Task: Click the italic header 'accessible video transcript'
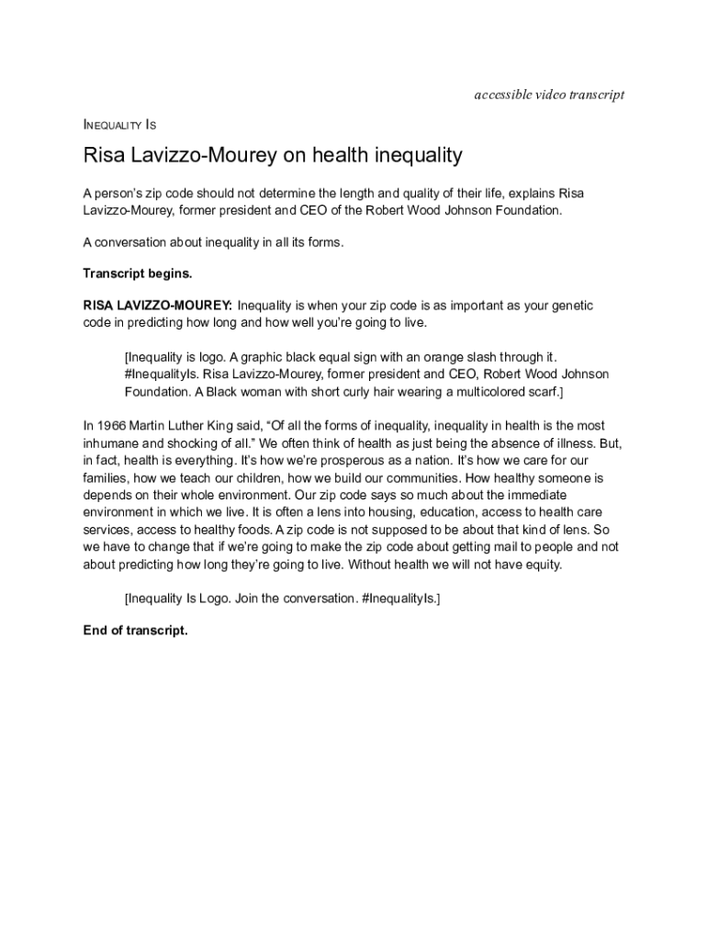point(549,95)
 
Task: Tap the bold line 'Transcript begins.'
point(138,273)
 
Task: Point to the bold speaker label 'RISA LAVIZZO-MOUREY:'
point(157,305)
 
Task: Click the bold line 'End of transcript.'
point(135,631)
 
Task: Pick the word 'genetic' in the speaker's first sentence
point(572,305)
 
